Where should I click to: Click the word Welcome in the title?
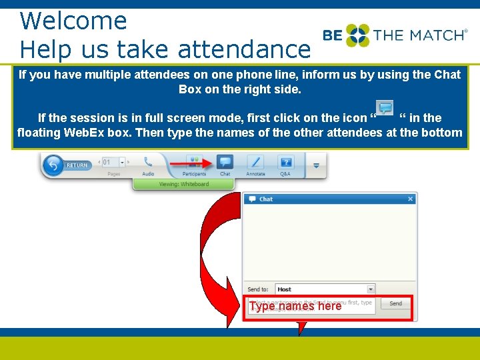tap(73, 21)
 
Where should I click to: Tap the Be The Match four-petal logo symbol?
tap(357, 35)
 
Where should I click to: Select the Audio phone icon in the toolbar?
tap(148, 162)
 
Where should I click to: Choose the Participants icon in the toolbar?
tap(194, 162)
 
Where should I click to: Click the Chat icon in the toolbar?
tap(225, 162)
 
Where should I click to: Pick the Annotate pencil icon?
tap(255, 162)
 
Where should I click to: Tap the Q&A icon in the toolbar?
tap(286, 162)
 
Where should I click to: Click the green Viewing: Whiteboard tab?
tap(183, 184)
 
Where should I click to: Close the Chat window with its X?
tap(411, 199)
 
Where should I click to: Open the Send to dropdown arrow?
tap(371, 289)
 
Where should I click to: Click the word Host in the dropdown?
tap(285, 289)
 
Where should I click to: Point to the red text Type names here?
tap(295, 306)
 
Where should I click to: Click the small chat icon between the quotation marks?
tap(385, 109)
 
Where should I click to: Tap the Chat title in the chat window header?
tap(266, 199)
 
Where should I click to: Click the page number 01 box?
tap(108, 162)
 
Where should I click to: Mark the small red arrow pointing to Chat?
tap(193, 162)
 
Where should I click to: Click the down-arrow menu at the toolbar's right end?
tap(316, 165)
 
